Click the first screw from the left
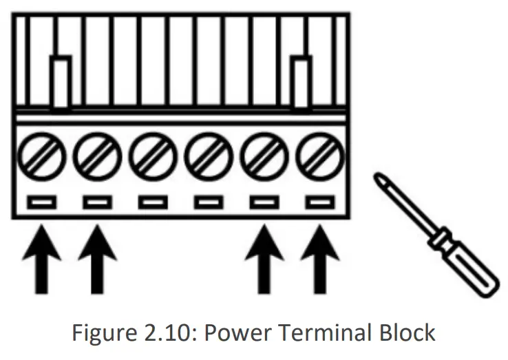[41, 159]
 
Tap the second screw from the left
[96, 159]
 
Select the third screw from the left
[152, 159]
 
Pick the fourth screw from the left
[208, 159]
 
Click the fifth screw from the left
[264, 159]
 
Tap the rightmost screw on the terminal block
[319, 159]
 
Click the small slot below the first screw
[41, 202]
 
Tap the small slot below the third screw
[152, 202]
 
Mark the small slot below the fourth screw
[208, 202]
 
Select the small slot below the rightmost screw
[319, 202]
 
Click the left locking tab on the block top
[61, 83]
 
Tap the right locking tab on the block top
[300, 83]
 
